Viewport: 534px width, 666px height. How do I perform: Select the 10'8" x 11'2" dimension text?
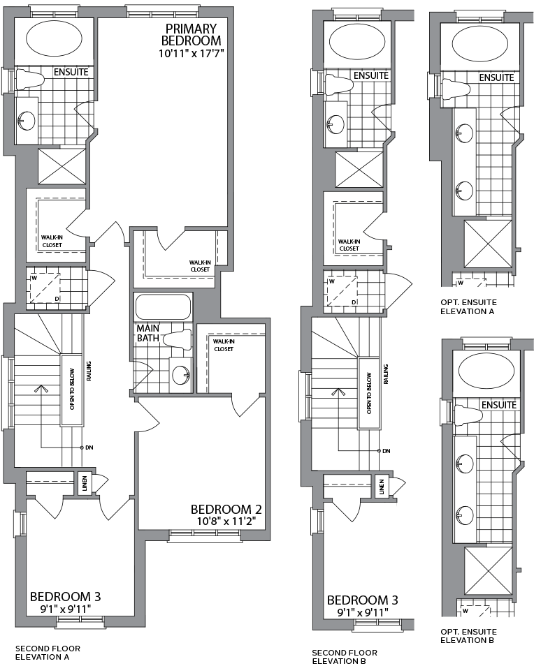point(226,520)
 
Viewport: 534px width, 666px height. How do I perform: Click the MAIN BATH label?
point(149,333)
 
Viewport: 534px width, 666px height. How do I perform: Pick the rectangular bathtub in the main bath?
point(162,306)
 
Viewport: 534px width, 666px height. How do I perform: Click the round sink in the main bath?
point(180,371)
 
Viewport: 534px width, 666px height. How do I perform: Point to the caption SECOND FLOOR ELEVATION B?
point(345,656)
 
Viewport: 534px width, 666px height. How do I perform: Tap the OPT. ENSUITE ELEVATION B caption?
point(468,635)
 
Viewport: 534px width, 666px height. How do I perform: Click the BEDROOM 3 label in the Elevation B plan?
point(362,600)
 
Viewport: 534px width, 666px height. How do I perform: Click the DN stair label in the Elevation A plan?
point(89,447)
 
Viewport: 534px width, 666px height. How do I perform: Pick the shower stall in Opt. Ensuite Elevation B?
point(488,568)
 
